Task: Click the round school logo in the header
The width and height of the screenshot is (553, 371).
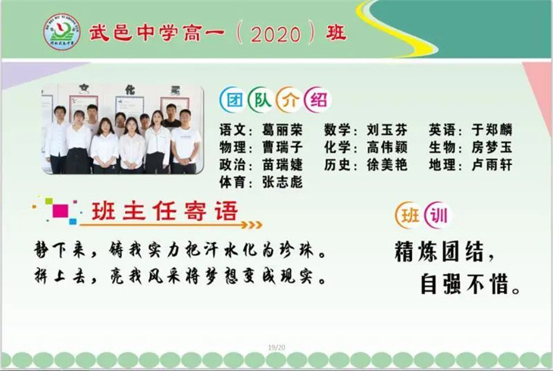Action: tap(61, 32)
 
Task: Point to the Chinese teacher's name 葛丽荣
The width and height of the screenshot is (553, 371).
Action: tap(282, 129)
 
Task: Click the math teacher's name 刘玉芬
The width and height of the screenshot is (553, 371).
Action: tap(387, 129)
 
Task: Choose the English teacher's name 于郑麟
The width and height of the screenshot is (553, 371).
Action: tap(492, 129)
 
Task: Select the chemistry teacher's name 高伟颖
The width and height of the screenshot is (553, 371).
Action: tap(387, 147)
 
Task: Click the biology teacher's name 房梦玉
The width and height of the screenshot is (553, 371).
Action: tap(492, 147)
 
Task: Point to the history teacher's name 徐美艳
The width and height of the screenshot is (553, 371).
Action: tap(387, 165)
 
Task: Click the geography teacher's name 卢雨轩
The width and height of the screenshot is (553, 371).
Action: tap(492, 165)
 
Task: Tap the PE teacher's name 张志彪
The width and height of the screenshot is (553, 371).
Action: tap(282, 182)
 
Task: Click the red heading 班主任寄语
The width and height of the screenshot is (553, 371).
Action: tap(164, 211)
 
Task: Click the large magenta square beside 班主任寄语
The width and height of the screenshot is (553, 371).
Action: tap(61, 210)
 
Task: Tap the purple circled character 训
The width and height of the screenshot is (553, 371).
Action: tap(439, 215)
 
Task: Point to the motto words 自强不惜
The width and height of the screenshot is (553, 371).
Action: tap(465, 284)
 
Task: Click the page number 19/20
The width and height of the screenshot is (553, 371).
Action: tap(276, 348)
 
